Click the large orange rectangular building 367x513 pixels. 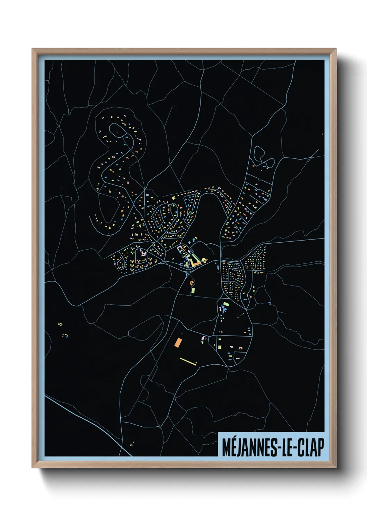(178, 342)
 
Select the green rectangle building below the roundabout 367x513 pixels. (193, 290)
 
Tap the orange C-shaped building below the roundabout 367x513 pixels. (191, 283)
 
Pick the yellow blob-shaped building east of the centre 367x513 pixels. (204, 259)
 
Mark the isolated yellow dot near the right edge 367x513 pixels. (322, 134)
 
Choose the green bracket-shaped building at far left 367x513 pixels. (60, 324)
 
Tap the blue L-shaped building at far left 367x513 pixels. (66, 336)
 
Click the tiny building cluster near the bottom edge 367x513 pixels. (132, 444)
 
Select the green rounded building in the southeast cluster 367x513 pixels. (226, 304)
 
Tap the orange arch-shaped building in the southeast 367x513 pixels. (240, 347)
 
